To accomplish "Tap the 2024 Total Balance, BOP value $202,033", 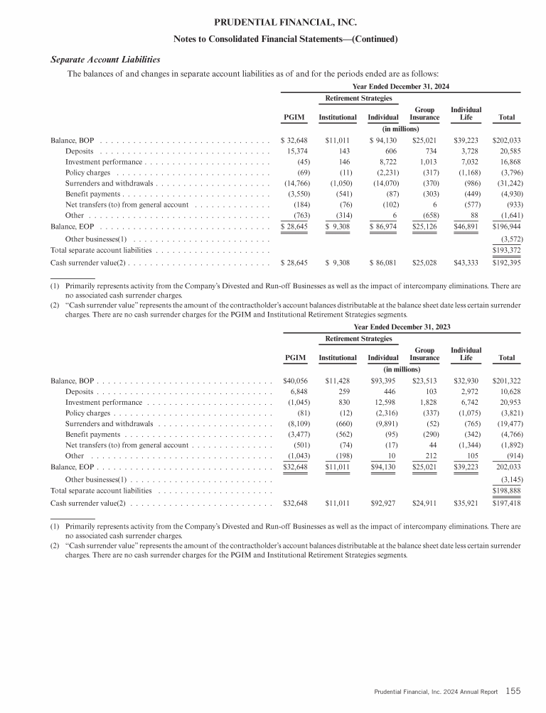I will coord(507,141).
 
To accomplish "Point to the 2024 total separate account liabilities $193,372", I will coord(507,251).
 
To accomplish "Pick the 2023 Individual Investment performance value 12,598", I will coord(386,403).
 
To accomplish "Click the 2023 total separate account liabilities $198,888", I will coord(507,491).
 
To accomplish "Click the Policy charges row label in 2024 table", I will coord(87,173).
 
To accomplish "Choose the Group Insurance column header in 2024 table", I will coord(425,113).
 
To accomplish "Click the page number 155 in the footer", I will coord(513,690).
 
